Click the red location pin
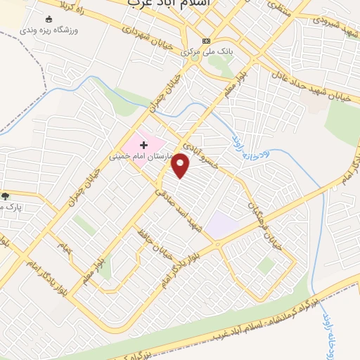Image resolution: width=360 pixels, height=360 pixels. tap(181, 165)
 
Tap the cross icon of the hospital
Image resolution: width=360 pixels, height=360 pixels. tap(145, 144)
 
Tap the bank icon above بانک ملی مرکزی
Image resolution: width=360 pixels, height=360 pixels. tap(205, 41)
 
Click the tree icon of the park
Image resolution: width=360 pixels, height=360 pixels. tap(6, 196)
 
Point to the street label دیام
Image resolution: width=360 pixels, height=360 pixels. tap(65, 247)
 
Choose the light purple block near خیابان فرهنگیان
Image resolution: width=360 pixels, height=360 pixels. tap(221, 226)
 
